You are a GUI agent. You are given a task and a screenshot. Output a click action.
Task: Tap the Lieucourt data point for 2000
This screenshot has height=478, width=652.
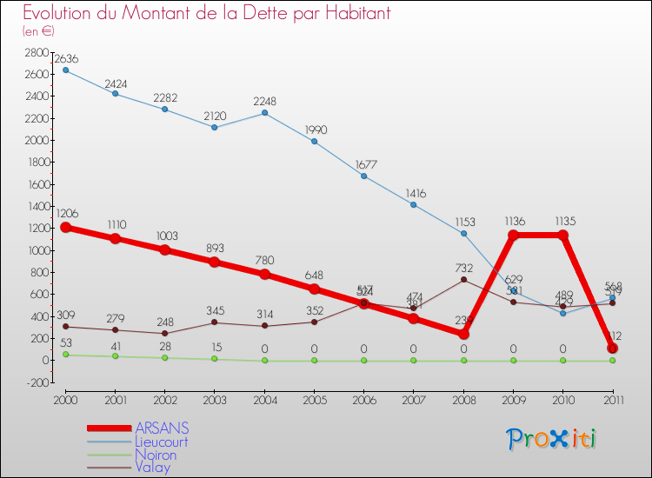tap(65, 70)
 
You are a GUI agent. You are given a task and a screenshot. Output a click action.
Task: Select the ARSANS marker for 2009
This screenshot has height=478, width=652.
tap(513, 235)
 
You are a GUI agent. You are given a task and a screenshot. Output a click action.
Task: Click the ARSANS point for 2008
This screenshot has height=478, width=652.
tap(463, 334)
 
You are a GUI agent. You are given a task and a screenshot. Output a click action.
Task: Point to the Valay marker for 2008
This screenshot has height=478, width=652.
tap(463, 279)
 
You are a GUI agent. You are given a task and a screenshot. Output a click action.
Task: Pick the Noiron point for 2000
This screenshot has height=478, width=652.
tap(65, 354)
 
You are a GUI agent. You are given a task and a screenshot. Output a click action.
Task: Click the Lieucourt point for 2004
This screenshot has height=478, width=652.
tap(264, 112)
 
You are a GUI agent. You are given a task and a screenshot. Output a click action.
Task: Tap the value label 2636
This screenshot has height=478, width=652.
tap(66, 59)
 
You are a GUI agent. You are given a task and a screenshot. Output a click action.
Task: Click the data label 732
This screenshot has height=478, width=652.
tap(463, 269)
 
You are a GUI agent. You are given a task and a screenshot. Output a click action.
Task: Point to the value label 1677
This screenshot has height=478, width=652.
tap(363, 165)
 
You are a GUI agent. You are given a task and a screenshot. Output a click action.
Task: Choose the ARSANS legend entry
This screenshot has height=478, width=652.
tap(162, 429)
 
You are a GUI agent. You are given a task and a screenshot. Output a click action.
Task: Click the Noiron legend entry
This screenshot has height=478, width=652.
tap(156, 455)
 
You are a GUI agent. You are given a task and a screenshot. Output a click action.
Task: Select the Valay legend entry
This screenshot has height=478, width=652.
tap(152, 468)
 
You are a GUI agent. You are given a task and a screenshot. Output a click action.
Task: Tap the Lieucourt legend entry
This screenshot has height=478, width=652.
tap(161, 441)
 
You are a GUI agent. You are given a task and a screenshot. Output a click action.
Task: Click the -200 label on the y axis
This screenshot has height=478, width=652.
tap(36, 382)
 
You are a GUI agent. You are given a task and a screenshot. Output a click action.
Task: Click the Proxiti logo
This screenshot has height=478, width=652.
tap(552, 439)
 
